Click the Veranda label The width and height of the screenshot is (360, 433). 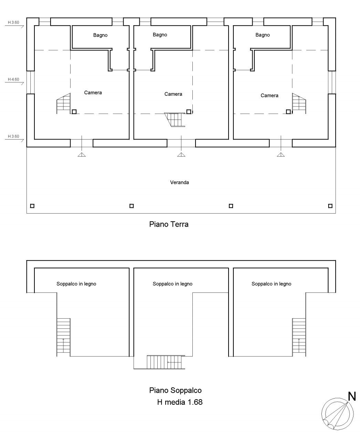pos(179,182)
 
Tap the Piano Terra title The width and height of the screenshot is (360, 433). pos(169,224)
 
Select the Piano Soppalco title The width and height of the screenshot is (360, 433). pos(175,390)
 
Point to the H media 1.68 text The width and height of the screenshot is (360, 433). pos(180,402)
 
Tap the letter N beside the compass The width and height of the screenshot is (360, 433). pos(352,396)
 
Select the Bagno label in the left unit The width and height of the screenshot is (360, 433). pos(100,35)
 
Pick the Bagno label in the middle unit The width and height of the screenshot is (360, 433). pos(160,34)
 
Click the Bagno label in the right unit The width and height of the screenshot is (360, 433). pos(263,35)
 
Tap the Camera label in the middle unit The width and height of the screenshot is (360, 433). pos(173,94)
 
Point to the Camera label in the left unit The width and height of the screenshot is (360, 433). pos(93,92)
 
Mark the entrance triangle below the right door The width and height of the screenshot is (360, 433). pos(281,155)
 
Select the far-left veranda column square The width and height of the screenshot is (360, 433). pos(32,206)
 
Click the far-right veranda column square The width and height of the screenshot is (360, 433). pos(330,206)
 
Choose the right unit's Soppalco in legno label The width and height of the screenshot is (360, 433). pos(271,284)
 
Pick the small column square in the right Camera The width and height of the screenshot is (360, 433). pos(288,112)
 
